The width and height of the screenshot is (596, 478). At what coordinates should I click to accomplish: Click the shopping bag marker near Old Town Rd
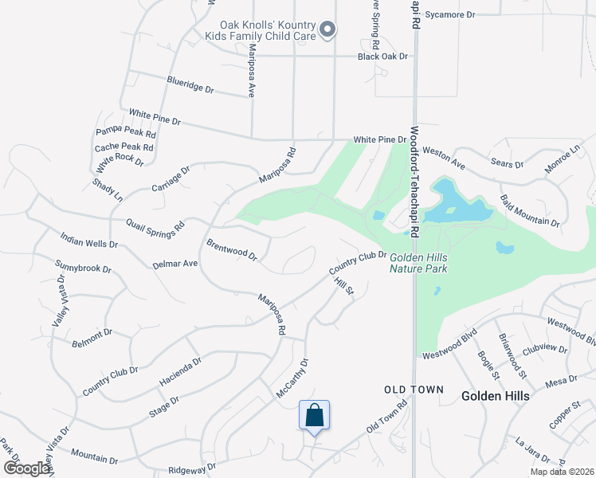(314, 416)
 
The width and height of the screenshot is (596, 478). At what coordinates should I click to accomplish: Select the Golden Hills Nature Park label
(418, 263)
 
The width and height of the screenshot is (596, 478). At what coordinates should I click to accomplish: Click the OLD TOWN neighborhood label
(408, 390)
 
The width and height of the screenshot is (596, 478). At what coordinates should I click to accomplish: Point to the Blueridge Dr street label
(190, 84)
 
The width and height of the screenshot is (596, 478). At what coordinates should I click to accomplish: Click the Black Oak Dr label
(382, 57)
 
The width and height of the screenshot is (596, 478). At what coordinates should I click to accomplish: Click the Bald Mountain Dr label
(529, 209)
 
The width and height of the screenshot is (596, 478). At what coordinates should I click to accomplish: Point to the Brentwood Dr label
(232, 250)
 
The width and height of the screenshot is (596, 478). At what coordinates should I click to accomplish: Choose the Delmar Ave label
(175, 264)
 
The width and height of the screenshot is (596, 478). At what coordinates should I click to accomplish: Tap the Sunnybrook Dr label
(83, 268)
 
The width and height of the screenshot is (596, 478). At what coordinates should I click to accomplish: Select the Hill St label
(344, 286)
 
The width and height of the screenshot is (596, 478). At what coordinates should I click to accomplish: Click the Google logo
(25, 468)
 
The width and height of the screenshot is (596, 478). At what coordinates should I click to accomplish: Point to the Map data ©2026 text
(561, 472)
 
